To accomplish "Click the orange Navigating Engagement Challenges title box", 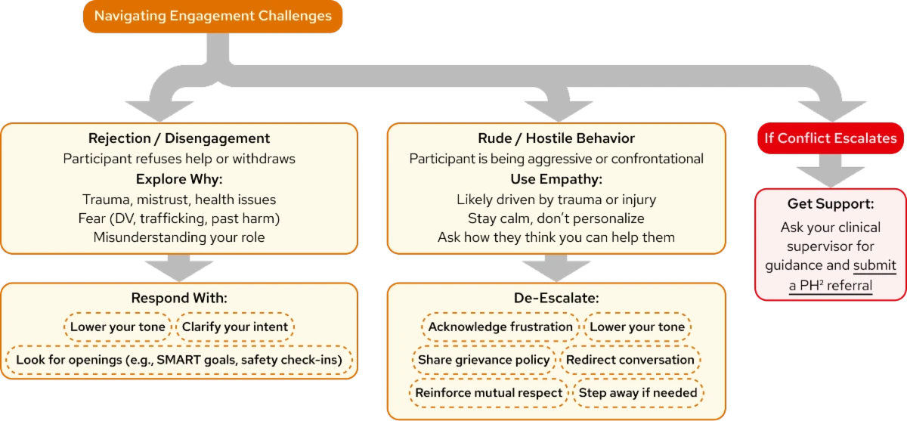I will (212, 16).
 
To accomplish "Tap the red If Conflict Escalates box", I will (831, 138).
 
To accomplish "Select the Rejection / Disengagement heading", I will (179, 138).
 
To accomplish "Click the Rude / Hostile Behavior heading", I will (556, 138).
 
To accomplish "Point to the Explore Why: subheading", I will (179, 179).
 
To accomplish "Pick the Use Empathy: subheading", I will (556, 179).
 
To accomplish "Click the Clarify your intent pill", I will (234, 327).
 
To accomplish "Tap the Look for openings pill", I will (178, 361).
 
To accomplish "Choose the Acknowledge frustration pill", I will (500, 327).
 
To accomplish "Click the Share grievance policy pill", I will (484, 360).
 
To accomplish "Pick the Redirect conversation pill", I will (630, 360).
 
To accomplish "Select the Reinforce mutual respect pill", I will (488, 393).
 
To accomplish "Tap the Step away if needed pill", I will (638, 393).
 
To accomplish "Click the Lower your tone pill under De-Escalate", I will (637, 327).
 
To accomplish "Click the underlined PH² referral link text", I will (830, 285).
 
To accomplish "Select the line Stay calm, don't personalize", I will (556, 218).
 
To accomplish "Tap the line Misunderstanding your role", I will (179, 237).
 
